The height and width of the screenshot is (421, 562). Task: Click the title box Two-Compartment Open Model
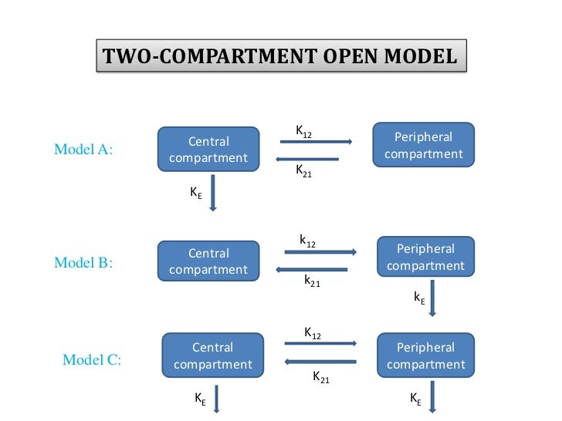(281, 56)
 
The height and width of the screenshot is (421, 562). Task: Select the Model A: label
(83, 150)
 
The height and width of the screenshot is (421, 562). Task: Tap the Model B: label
(83, 262)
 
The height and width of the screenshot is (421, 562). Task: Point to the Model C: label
(91, 359)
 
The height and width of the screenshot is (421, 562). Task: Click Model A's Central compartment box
(208, 150)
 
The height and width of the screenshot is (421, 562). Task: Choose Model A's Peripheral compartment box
(423, 146)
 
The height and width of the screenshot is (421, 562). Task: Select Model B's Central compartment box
(208, 261)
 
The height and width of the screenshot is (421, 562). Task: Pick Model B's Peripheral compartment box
(425, 258)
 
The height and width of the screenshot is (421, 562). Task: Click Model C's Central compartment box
(212, 355)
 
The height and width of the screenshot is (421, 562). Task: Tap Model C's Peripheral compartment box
(425, 355)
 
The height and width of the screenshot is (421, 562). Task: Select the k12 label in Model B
(307, 242)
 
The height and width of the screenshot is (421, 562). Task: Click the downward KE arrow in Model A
(214, 193)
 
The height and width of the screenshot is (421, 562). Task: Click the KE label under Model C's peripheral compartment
(415, 399)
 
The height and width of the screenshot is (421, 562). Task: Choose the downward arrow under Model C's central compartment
(217, 400)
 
